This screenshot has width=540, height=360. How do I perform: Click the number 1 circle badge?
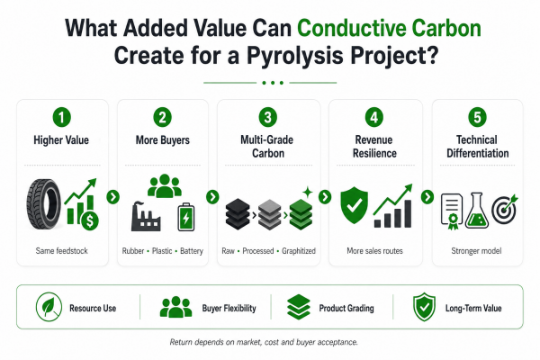point(61,117)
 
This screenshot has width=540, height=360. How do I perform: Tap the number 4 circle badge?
point(374,117)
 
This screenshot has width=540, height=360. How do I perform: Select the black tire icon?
point(44,204)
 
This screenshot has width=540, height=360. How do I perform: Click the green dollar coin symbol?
point(90,220)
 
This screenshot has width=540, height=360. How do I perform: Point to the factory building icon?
point(146,216)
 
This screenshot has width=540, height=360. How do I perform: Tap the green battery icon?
point(186,217)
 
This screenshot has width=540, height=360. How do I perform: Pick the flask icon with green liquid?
point(477,211)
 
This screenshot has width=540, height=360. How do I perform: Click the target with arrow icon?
point(505,209)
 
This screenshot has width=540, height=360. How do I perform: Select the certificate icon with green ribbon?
point(452,211)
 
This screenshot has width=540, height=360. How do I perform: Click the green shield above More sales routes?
point(354,205)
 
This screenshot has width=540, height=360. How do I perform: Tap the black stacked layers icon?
point(238,213)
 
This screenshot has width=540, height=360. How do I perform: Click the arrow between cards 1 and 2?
point(113,197)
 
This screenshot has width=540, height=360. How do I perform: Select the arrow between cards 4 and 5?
point(427,197)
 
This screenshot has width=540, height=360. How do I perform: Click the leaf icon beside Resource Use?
point(49,307)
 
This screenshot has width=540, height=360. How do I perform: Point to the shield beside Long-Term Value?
point(424,307)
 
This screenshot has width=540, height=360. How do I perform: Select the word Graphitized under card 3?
point(299,251)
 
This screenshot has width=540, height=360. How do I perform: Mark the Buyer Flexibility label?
point(229,308)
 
